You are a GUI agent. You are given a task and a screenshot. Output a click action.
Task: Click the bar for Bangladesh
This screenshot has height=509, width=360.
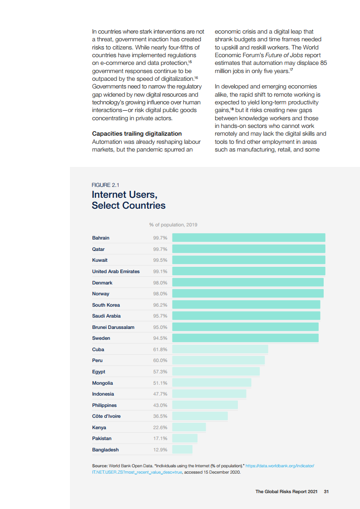182,450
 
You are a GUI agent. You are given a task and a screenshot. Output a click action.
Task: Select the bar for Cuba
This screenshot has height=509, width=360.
220,349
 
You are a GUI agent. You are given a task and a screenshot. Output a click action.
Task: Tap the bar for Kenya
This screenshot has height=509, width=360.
189,427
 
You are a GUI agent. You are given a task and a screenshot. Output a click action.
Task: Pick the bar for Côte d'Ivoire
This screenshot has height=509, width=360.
200,416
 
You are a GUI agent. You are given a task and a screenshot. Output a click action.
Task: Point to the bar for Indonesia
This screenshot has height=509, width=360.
209,394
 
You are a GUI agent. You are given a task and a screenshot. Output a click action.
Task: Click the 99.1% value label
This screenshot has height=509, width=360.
160,271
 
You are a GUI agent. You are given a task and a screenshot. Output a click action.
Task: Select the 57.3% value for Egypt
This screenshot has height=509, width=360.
160,372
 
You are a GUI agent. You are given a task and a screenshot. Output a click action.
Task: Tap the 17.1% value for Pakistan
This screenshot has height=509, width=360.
160,438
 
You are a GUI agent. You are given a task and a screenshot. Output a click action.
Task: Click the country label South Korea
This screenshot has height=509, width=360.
106,305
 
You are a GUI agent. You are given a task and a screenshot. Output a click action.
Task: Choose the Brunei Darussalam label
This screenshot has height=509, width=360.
113,327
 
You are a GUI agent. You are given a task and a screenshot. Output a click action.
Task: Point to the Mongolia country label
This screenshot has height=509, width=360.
103,383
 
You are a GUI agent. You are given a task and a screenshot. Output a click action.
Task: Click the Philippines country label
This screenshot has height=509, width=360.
104,405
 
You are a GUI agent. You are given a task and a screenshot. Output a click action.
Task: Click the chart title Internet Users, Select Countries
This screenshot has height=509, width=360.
128,200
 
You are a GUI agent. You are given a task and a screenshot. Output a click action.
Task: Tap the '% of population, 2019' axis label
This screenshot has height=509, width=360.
173,225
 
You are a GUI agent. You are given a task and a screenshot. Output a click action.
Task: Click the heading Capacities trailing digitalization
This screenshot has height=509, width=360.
137,133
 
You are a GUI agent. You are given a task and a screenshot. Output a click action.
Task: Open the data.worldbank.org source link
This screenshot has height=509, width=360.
280,466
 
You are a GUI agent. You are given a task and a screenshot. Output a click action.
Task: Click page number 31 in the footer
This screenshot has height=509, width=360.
326,491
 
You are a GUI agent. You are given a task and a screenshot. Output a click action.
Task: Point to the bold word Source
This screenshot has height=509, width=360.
99,466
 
